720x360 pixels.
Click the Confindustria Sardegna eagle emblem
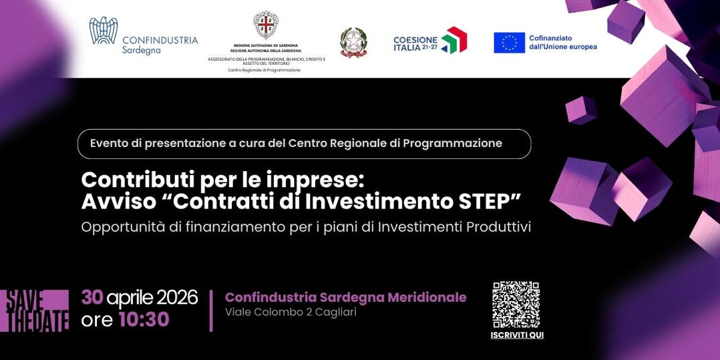click(x=104, y=31)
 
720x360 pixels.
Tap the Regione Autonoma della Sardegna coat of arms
click(x=266, y=25)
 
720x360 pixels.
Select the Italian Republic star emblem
click(x=354, y=41)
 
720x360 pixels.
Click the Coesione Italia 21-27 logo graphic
click(x=454, y=40)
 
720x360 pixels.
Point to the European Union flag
click(x=509, y=43)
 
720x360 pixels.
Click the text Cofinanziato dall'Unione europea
click(x=562, y=43)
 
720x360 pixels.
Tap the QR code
click(x=516, y=305)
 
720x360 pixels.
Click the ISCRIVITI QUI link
click(x=517, y=335)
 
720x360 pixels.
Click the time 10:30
click(x=144, y=320)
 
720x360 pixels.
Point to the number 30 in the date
click(x=92, y=297)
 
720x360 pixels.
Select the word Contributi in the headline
click(x=132, y=180)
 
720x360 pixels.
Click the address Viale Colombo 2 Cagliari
click(x=291, y=313)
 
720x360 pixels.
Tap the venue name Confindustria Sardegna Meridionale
click(x=345, y=297)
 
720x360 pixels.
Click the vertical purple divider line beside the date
click(x=211, y=311)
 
